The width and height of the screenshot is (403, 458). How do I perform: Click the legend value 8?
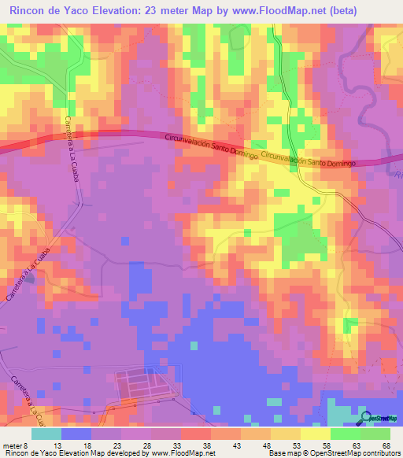[x=28, y=445]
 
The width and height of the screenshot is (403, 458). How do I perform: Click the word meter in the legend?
[x=12, y=445]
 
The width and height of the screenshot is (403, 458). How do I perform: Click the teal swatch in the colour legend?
[x=46, y=434]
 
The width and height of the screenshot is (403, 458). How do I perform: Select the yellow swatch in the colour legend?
[x=314, y=434]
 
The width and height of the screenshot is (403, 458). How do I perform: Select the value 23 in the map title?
[x=146, y=11]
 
